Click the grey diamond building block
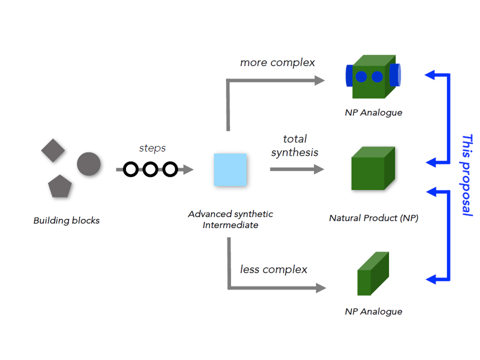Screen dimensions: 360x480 point(53,150)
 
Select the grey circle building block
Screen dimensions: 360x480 point(89,163)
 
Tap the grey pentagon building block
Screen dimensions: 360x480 point(60,187)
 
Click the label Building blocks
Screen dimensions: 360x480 point(66,220)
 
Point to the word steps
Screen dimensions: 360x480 point(152,148)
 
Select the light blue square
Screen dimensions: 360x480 point(230,170)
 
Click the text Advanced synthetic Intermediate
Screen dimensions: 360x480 point(230,219)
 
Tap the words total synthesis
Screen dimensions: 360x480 point(294,145)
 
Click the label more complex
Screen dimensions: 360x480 point(277,62)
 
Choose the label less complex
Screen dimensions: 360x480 point(273,269)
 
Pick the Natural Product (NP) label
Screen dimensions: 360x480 point(373,218)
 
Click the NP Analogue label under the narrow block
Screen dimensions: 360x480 point(373,311)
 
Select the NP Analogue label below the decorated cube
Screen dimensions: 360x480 point(373,112)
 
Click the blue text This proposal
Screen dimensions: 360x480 point(467,175)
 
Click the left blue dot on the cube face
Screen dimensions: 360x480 point(361,77)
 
